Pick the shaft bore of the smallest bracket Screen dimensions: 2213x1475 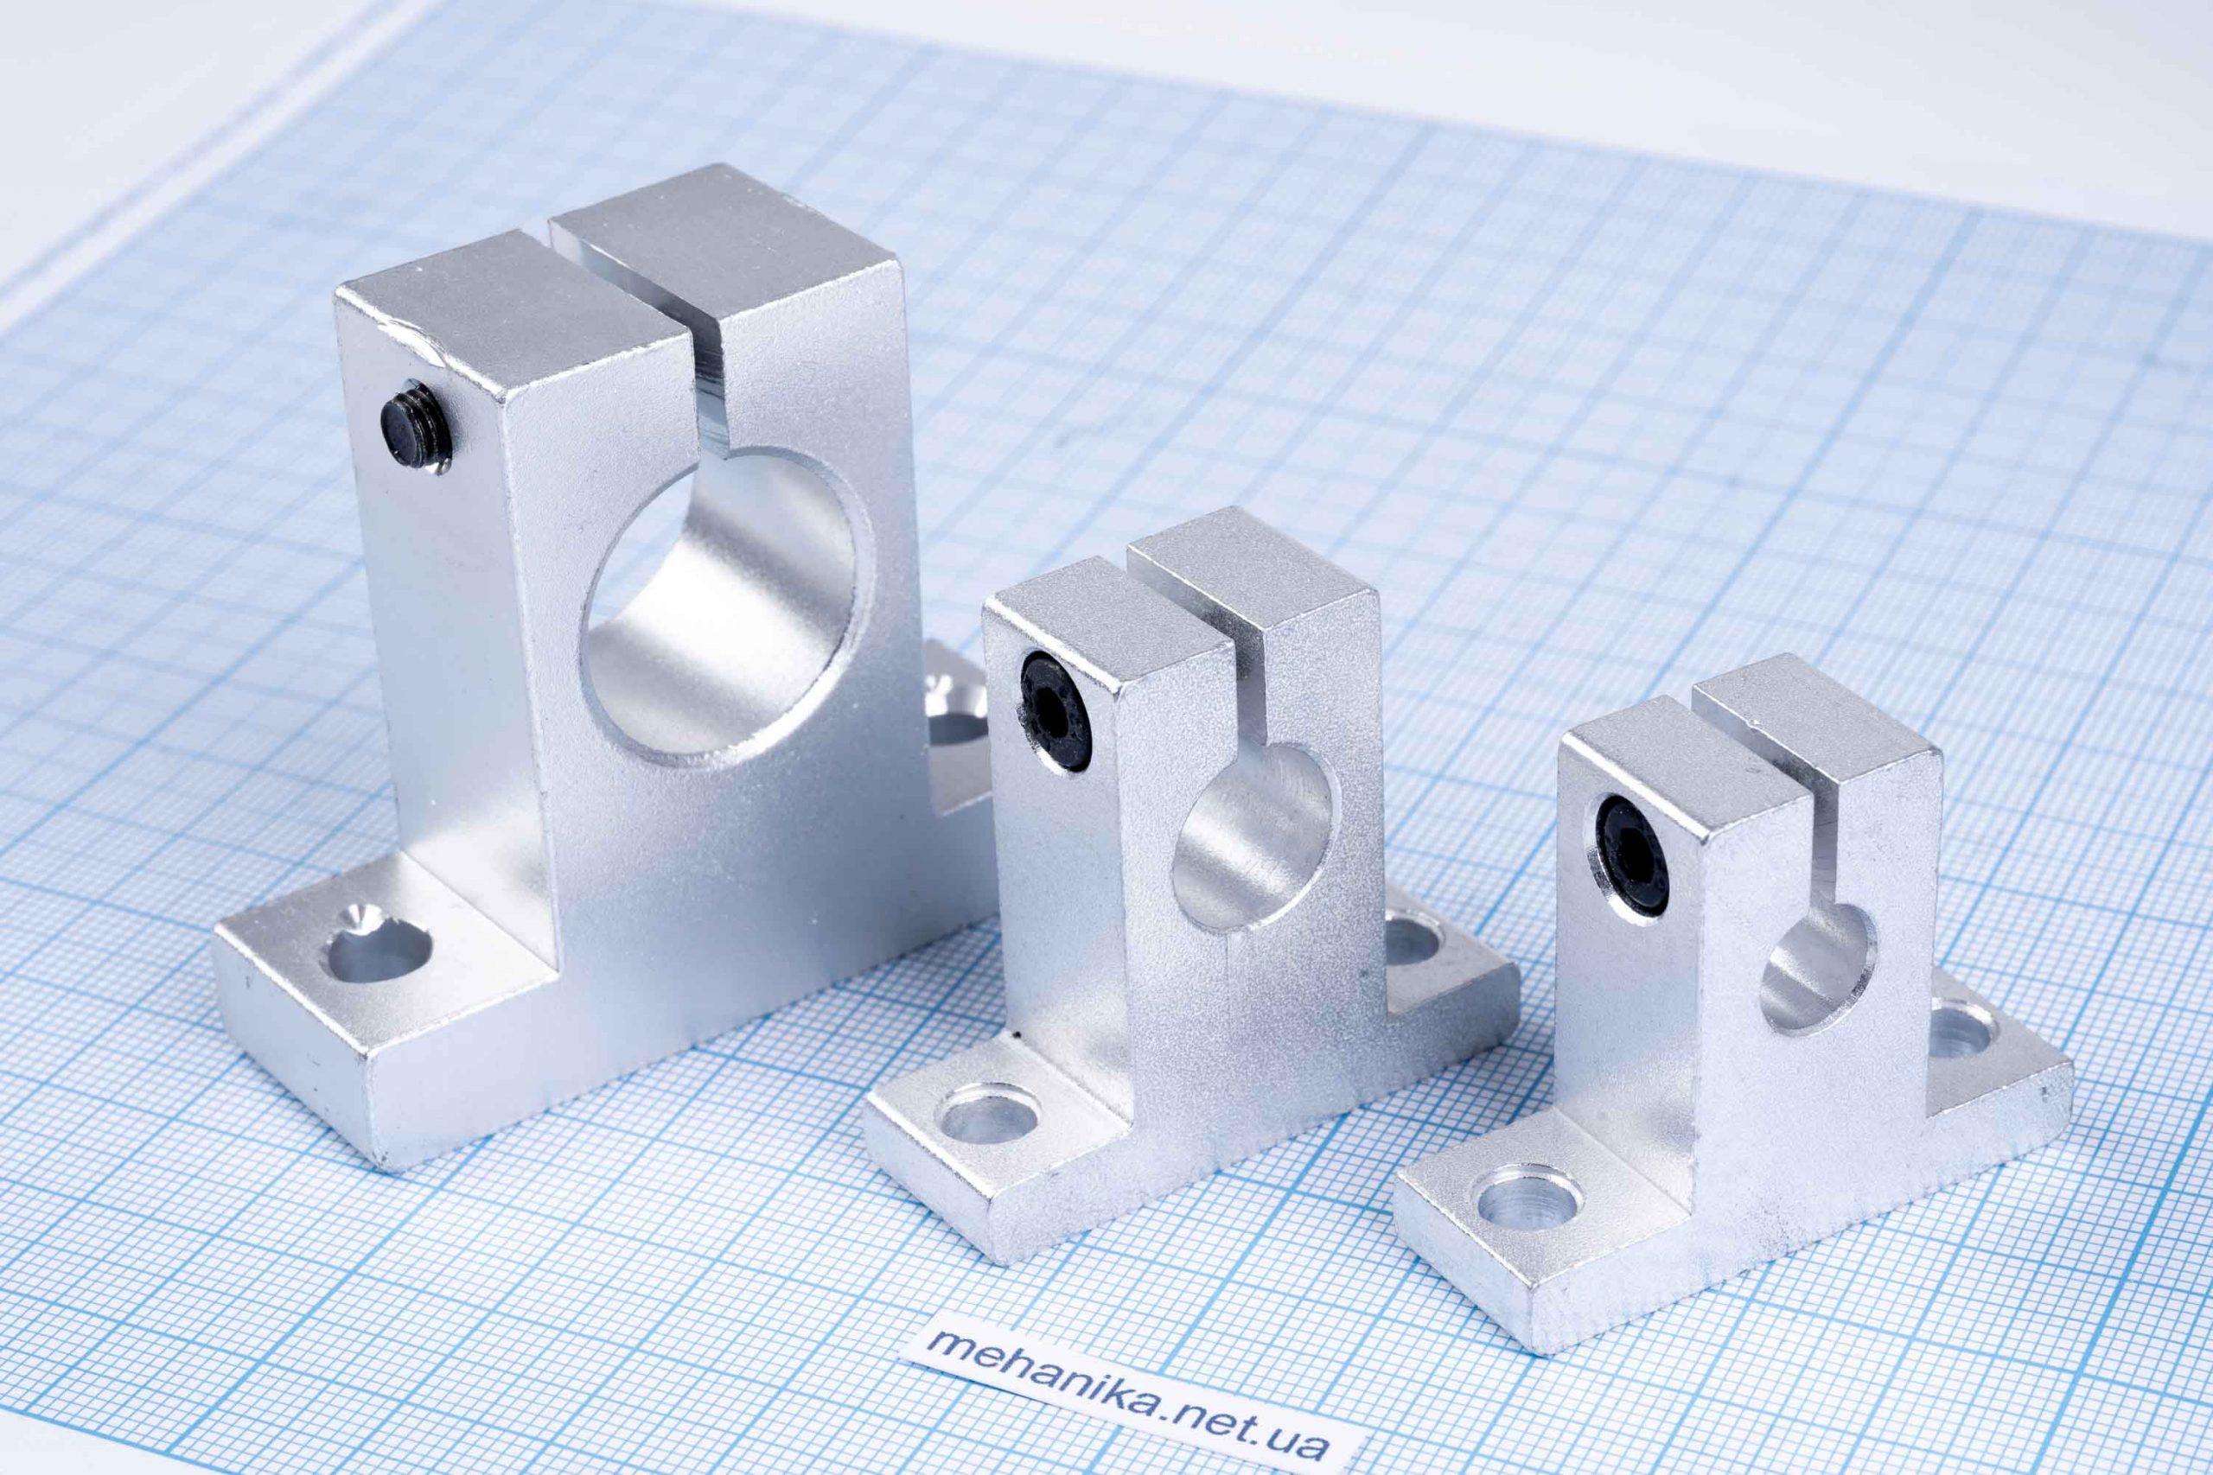(x=1817, y=968)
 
